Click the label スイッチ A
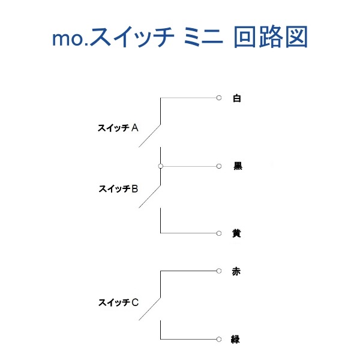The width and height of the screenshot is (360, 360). click(118, 128)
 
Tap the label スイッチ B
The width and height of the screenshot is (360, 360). click(118, 189)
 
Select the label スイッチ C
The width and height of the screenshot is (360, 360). click(118, 302)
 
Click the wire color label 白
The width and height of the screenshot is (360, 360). click(237, 98)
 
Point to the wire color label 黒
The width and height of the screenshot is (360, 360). click(238, 166)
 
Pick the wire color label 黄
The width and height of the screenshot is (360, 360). click(236, 233)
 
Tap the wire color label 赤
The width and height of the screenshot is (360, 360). click(236, 271)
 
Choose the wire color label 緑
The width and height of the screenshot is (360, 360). click(235, 340)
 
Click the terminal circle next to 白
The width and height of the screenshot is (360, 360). click(219, 98)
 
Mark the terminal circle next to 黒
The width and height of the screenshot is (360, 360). click(219, 166)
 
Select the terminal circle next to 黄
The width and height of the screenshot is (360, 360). click(219, 233)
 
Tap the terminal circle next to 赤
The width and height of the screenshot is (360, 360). click(219, 271)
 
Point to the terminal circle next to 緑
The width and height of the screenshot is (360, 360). click(219, 339)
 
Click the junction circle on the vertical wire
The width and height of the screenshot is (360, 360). click(161, 166)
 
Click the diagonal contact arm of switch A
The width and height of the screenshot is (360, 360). click(149, 136)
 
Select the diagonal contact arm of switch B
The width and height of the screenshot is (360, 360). click(149, 197)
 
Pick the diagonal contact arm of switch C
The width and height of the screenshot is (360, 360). click(149, 309)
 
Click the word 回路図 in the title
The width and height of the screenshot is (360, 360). click(271, 37)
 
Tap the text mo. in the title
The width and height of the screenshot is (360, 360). click(70, 39)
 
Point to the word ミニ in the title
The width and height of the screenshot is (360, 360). click(203, 37)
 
